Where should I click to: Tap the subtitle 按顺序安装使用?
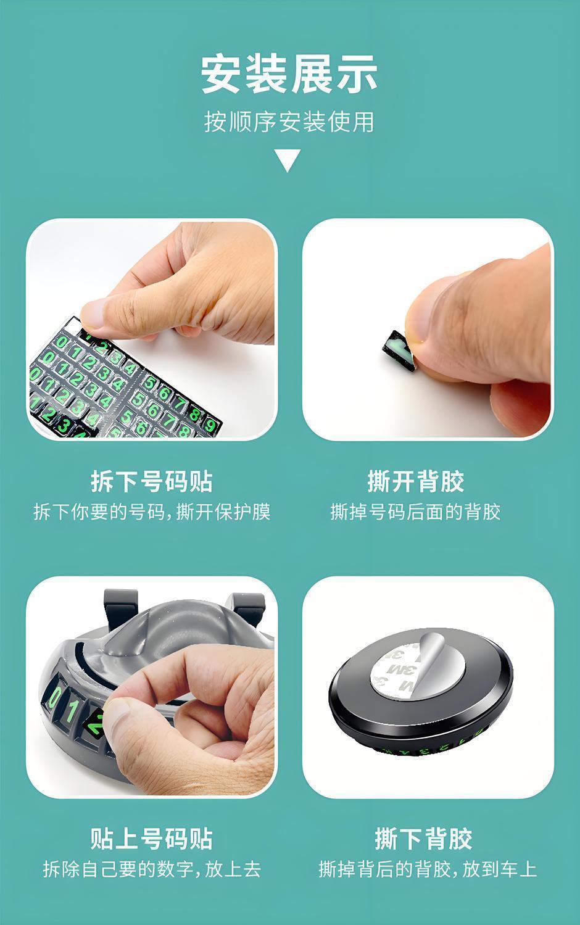coord(289,122)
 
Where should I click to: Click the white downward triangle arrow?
coord(289,160)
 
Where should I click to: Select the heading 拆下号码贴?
coord(152,481)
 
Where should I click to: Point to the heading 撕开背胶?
coord(416,481)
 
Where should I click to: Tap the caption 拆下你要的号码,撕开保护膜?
coord(152,512)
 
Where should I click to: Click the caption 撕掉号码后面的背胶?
coord(415,512)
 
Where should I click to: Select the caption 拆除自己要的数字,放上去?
coord(152,869)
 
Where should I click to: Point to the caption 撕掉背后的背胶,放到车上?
coord(428,869)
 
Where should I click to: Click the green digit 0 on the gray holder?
coord(55,697)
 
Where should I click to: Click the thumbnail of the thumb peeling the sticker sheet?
coord(151,330)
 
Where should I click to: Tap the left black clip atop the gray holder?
coord(120,607)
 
